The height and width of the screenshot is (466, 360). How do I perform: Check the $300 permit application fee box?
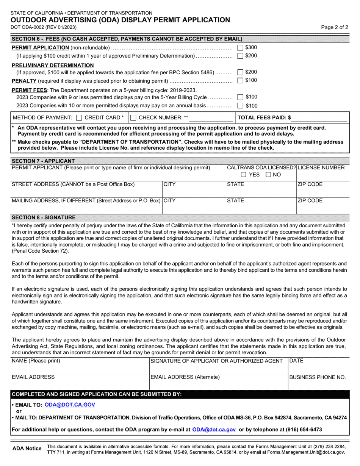[240, 48]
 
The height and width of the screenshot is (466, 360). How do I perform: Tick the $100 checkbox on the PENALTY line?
[240, 80]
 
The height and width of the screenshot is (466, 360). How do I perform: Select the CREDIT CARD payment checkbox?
[79, 117]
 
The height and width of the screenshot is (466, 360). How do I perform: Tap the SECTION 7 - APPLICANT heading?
[43, 161]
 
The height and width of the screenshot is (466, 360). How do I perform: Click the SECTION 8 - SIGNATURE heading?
[44, 217]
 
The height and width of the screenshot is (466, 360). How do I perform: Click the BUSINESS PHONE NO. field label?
[318, 377]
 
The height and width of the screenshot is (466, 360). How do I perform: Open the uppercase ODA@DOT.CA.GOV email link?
[70, 405]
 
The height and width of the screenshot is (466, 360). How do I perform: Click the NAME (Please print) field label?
[36, 361]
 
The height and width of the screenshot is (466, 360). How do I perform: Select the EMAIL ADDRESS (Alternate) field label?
[185, 377]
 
